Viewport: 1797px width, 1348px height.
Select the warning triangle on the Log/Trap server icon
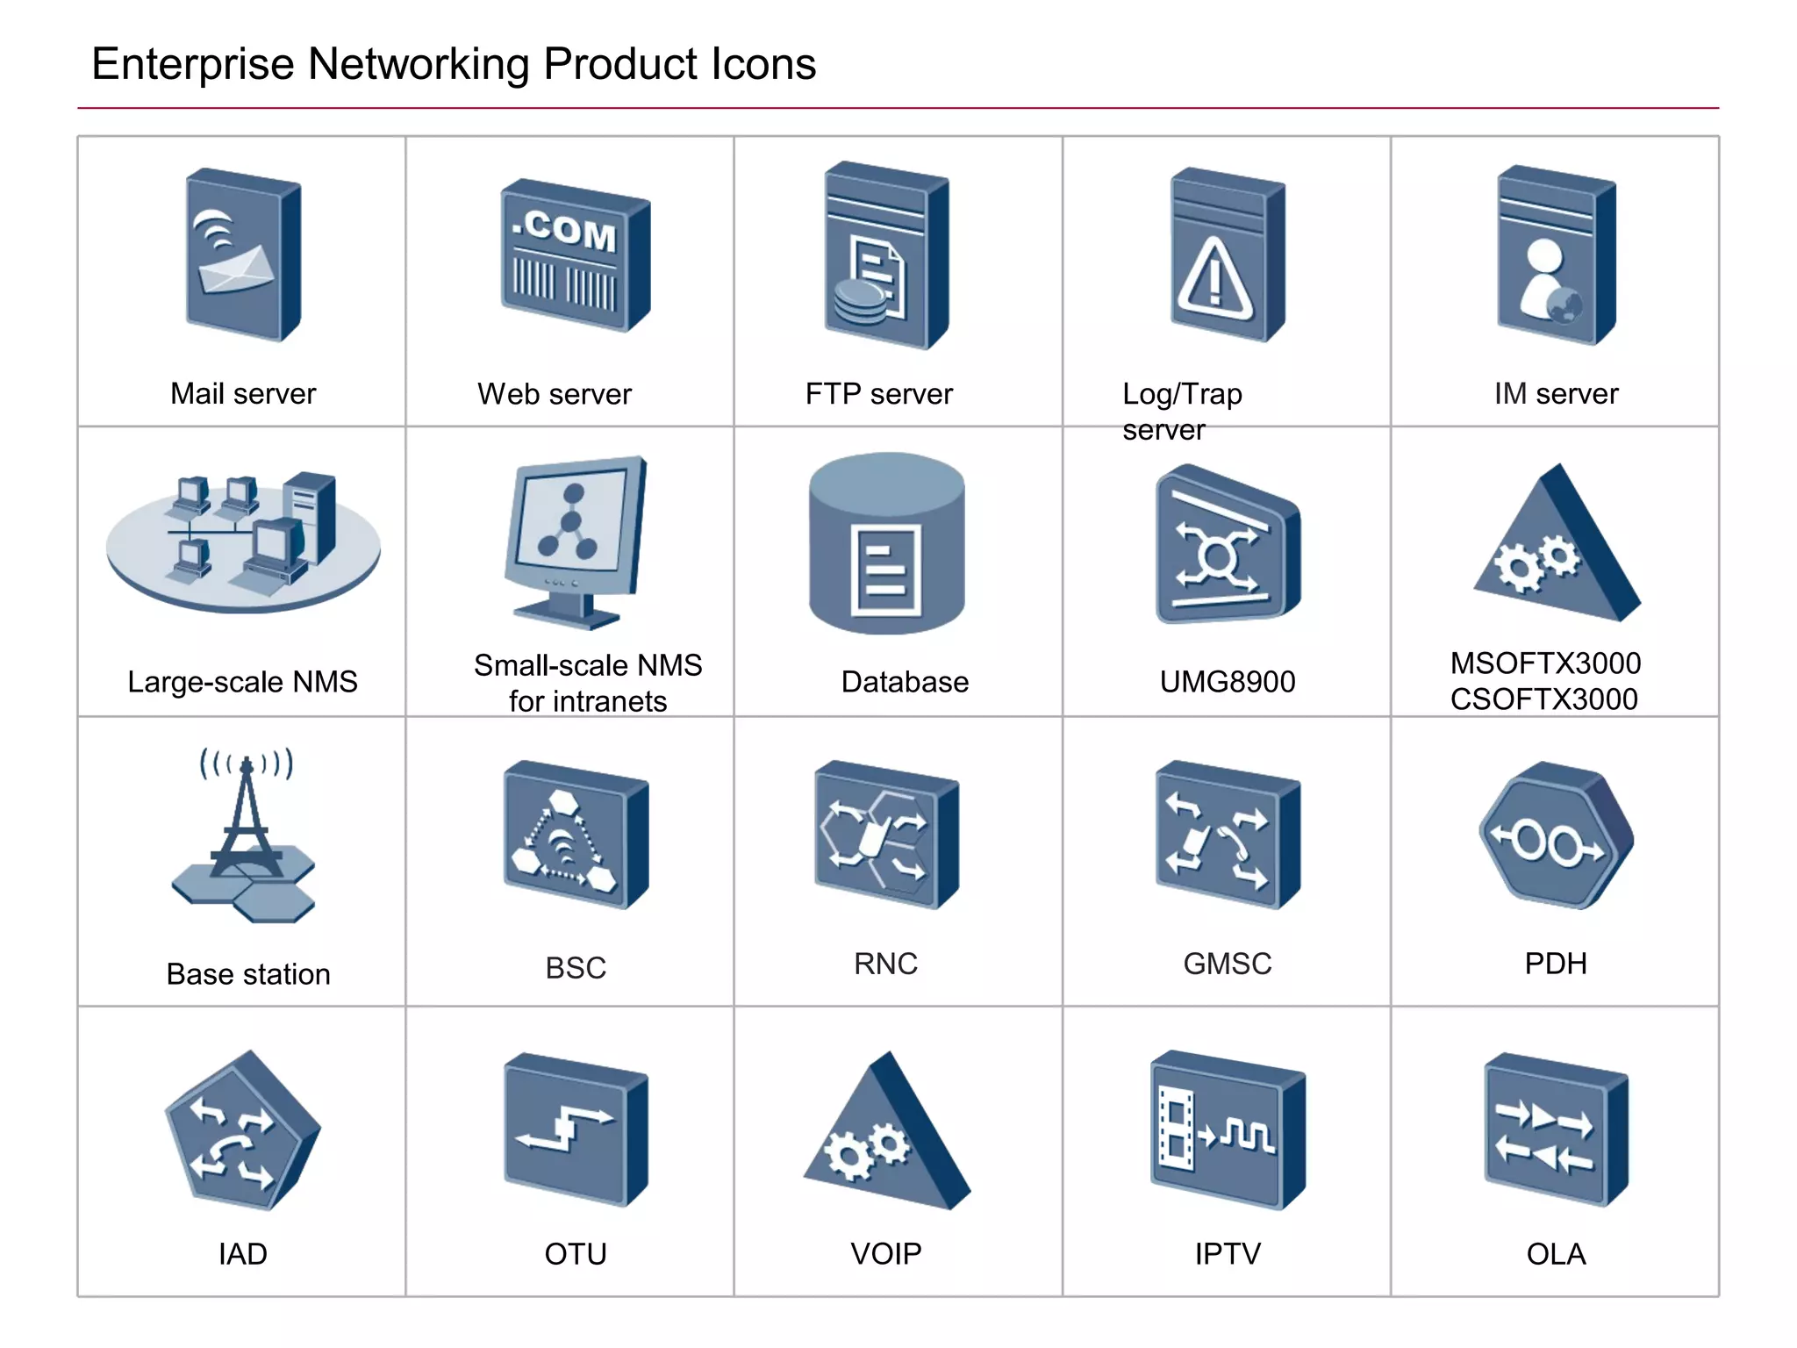point(1214,279)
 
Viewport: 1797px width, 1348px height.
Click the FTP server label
point(878,394)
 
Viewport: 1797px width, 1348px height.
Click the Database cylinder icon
point(886,544)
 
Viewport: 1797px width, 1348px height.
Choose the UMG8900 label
point(1227,682)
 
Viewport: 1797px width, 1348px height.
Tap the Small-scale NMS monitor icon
point(575,540)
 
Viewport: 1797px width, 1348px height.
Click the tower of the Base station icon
point(247,816)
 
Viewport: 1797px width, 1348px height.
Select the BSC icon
point(576,835)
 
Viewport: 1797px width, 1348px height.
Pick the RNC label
point(885,964)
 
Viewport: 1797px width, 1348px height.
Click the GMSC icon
point(1227,835)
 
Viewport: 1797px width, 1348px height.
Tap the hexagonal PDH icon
point(1556,835)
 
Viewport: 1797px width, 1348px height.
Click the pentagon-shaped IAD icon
point(242,1131)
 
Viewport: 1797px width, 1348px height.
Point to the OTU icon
point(576,1129)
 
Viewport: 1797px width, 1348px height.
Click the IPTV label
point(1227,1254)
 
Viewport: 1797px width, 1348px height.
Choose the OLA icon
point(1555,1129)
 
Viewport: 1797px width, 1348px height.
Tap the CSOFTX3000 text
point(1543,699)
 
